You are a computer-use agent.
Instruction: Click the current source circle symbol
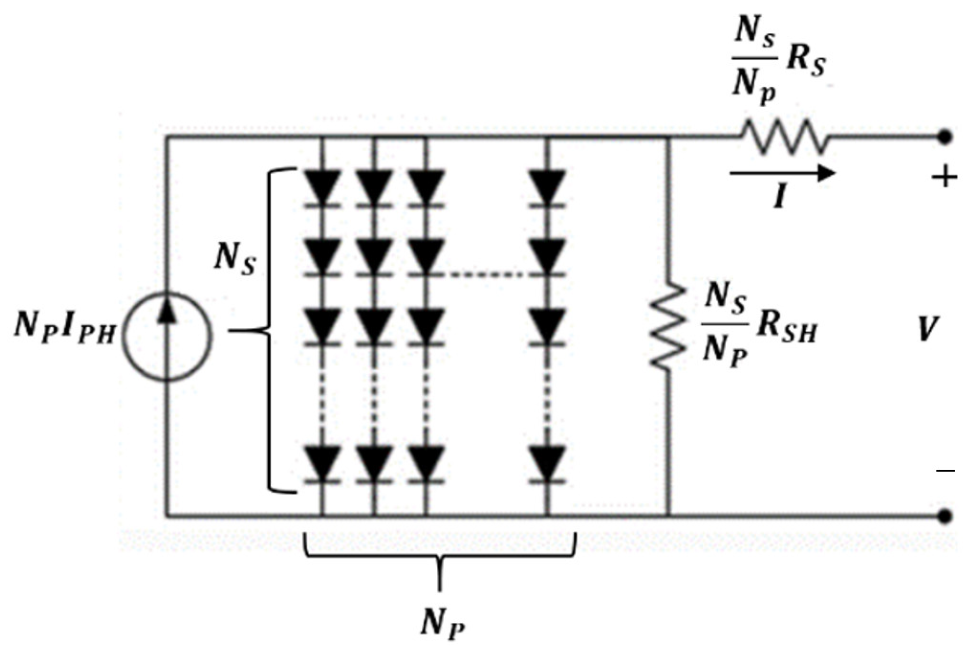tap(166, 335)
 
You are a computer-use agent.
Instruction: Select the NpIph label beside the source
tap(64, 327)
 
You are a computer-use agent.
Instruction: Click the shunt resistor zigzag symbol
tap(667, 327)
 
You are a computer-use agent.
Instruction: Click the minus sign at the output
tap(945, 470)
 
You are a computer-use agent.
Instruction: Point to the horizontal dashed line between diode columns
tap(487, 275)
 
